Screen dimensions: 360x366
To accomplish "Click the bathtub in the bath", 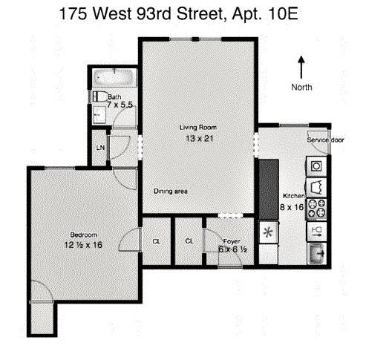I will point(115,78).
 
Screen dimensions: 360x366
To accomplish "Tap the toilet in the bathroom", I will point(99,96).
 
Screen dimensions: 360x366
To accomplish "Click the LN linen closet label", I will point(99,148).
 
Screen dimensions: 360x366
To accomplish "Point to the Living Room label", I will point(197,127).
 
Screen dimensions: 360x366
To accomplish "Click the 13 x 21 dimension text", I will point(197,137).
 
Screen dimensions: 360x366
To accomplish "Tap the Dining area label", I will point(170,192).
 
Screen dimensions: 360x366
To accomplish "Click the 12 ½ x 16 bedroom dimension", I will point(82,245).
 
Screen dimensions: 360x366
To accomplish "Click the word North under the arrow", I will point(301,87).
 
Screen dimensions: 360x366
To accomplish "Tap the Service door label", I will point(326,140).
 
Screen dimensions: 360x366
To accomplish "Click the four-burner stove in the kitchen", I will point(317,206).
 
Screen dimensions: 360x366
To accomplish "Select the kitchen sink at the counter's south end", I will point(317,253).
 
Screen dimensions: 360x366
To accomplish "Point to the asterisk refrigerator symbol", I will point(267,231).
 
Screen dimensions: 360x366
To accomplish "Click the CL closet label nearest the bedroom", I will point(157,240).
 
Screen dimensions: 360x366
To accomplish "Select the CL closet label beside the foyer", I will point(189,240).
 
